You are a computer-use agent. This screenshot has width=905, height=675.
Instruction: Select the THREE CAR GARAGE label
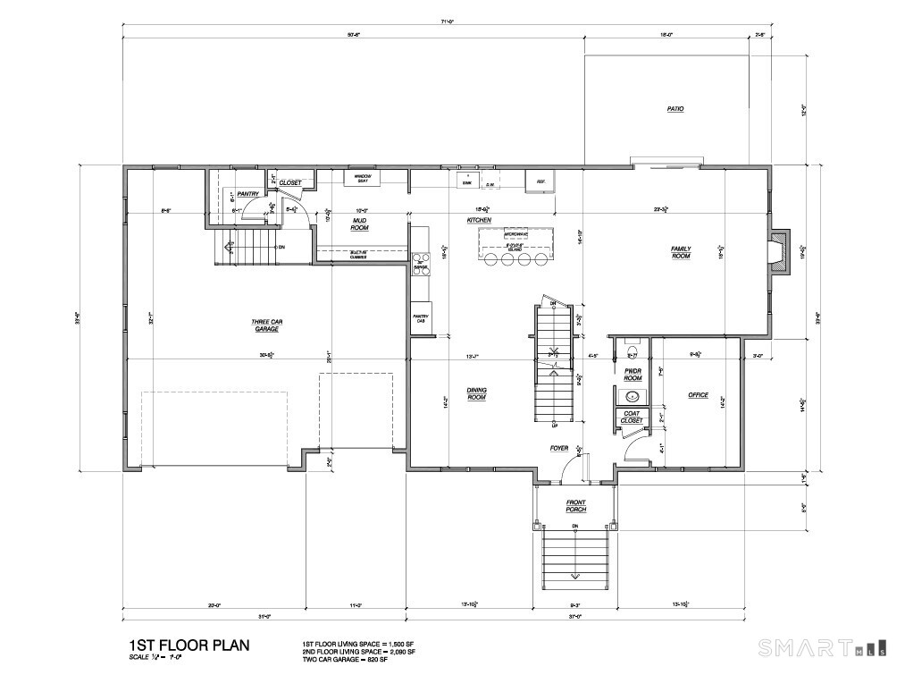point(265,325)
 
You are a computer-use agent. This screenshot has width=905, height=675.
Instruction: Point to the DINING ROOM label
point(476,393)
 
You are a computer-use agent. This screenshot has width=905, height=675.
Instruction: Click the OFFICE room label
point(698,394)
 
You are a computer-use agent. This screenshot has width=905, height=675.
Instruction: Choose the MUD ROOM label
point(360,224)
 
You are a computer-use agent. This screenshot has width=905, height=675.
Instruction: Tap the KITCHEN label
point(479,219)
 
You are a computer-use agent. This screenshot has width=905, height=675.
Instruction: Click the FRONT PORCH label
point(575,507)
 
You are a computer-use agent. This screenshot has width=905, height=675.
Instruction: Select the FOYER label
point(558,448)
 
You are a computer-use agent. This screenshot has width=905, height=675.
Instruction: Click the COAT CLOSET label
point(632,416)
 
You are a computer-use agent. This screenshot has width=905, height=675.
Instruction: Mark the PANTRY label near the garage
point(247,193)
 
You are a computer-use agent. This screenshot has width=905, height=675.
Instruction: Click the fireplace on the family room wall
point(781,252)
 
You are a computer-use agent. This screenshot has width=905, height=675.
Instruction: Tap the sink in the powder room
point(633,395)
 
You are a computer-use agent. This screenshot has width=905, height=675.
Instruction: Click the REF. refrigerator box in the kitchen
point(540,181)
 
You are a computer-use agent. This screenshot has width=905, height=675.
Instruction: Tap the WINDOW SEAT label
point(362,179)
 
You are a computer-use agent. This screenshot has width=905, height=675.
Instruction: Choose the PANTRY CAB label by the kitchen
point(420,317)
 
